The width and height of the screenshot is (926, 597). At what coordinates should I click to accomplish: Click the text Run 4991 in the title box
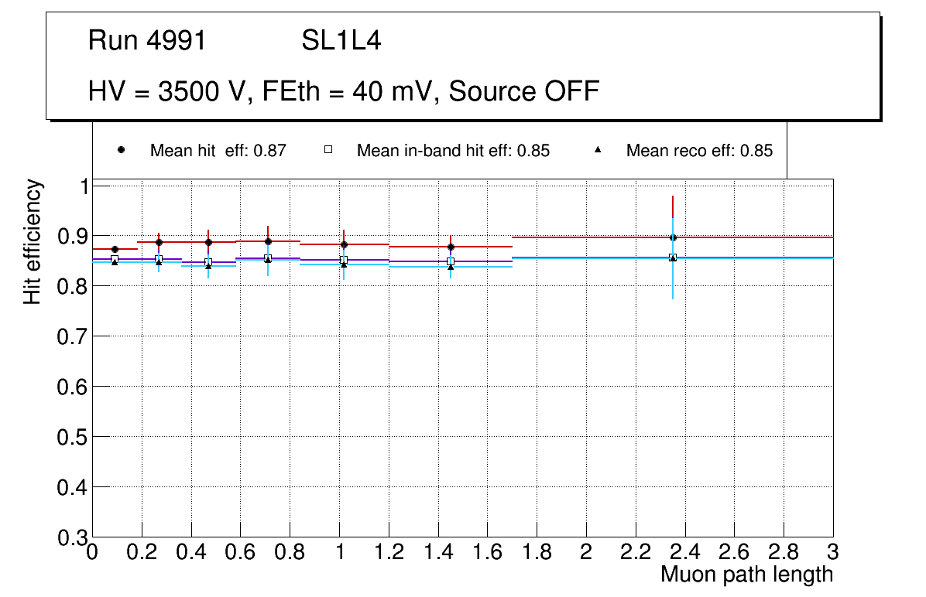[x=147, y=40]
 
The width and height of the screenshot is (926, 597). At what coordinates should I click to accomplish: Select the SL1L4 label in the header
[x=341, y=40]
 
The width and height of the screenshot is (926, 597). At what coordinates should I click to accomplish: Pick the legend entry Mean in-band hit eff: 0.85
[x=453, y=151]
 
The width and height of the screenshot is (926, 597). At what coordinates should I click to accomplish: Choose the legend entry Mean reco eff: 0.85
[x=699, y=151]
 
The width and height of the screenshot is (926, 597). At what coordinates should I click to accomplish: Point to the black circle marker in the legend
[x=121, y=150]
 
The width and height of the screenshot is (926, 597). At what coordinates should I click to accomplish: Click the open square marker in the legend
[x=328, y=150]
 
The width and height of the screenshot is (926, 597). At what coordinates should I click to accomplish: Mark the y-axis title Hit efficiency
[x=33, y=241]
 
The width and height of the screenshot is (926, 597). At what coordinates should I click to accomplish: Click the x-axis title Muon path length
[x=746, y=574]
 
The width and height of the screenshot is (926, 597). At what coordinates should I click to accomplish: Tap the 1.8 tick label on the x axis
[x=537, y=552]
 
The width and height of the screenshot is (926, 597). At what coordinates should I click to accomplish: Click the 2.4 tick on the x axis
[x=684, y=552]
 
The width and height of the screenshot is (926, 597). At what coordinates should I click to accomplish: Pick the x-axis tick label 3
[x=832, y=552]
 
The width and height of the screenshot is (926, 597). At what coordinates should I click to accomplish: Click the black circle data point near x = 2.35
[x=673, y=237]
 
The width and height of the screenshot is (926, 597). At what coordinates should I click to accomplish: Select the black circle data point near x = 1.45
[x=451, y=247]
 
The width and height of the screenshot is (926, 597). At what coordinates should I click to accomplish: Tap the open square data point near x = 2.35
[x=673, y=257]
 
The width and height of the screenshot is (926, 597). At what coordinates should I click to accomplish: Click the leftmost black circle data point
[x=115, y=249]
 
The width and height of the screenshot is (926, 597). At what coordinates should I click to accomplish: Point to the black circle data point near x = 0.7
[x=268, y=241]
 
